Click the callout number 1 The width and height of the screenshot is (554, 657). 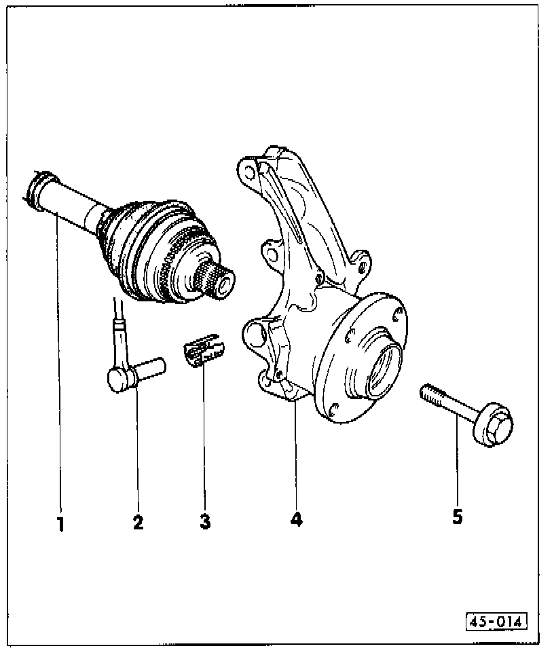(60, 523)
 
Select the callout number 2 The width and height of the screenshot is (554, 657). (138, 522)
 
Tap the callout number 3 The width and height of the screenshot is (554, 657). (205, 521)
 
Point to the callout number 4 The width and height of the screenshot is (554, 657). (296, 520)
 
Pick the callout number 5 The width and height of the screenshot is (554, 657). (458, 517)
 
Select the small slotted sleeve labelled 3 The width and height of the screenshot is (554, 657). (204, 352)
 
